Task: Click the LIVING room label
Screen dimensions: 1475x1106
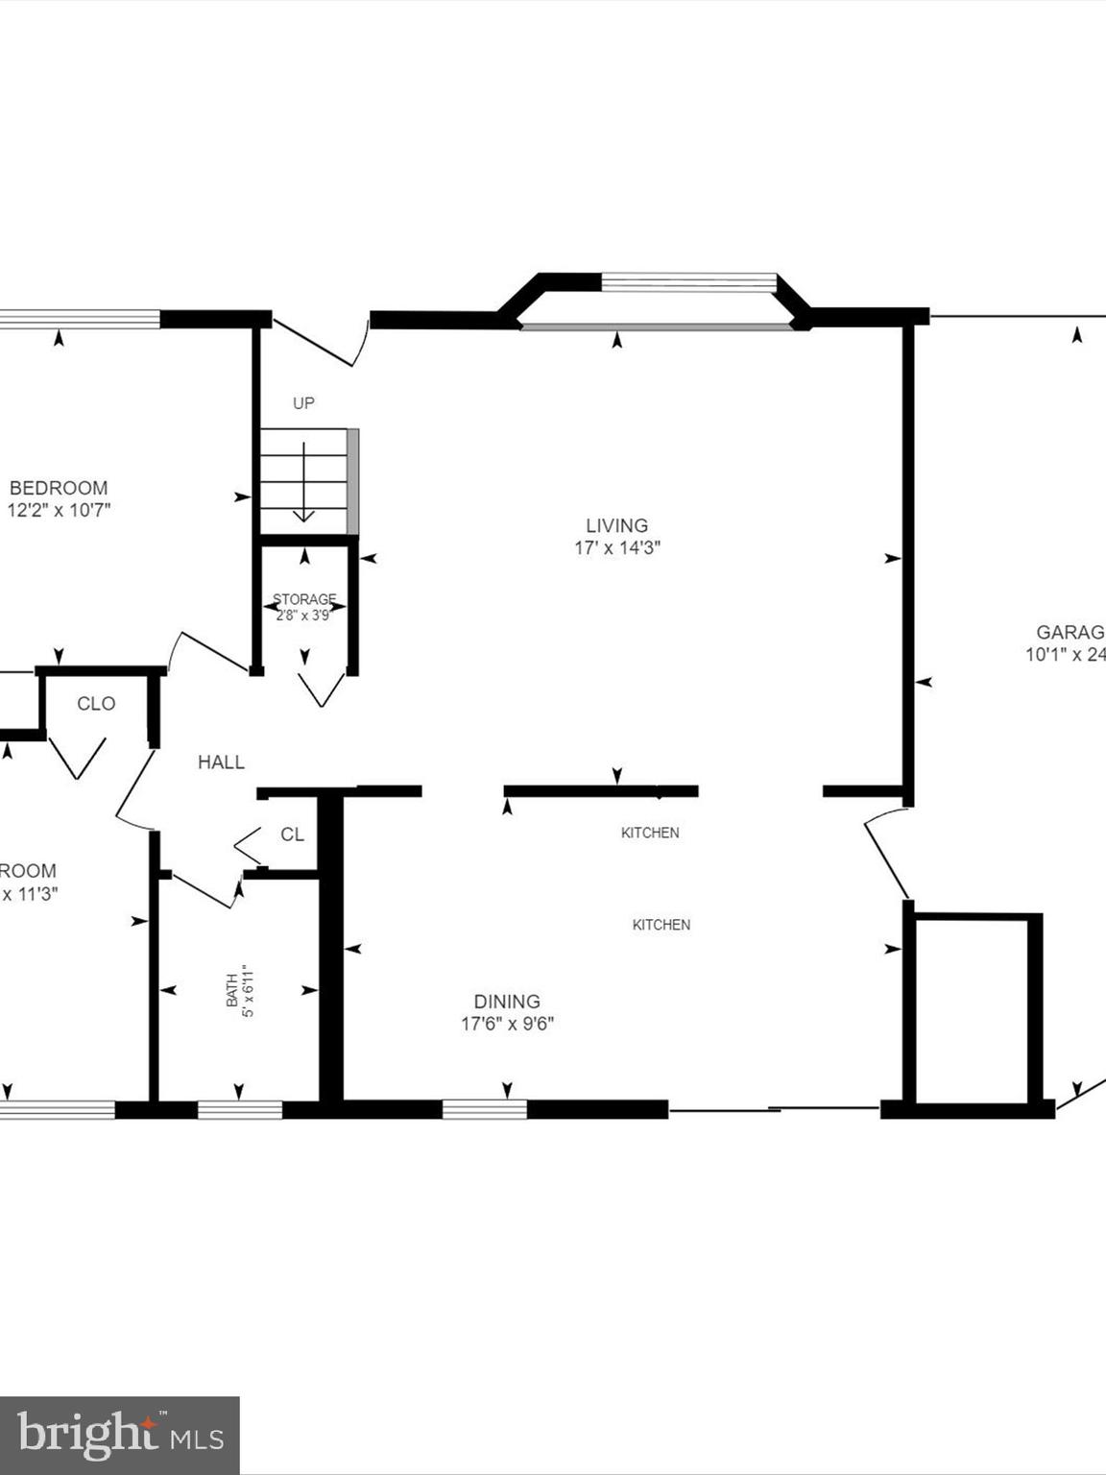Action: point(616,525)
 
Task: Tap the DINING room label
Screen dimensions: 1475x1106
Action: point(507,1001)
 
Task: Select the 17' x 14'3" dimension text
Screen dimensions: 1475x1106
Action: point(616,548)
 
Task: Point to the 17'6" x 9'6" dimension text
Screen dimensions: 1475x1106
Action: point(507,1024)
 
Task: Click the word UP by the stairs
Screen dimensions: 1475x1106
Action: point(303,403)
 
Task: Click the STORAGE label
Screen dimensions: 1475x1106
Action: point(304,599)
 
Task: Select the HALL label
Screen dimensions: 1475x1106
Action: point(221,762)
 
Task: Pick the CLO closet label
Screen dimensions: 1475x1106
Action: point(96,704)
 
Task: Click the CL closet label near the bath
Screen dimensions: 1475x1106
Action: point(292,834)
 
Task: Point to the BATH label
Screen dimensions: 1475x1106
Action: point(231,991)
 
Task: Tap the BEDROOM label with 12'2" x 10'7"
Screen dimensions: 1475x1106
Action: point(59,488)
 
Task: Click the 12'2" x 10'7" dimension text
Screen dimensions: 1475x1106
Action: point(59,510)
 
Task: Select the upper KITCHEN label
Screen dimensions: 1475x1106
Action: point(650,833)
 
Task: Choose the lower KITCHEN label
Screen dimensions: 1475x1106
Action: point(661,925)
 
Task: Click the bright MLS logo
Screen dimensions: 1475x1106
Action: point(119,1436)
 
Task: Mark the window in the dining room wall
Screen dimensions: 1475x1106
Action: point(485,1110)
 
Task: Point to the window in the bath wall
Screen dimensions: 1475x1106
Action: point(240,1110)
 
